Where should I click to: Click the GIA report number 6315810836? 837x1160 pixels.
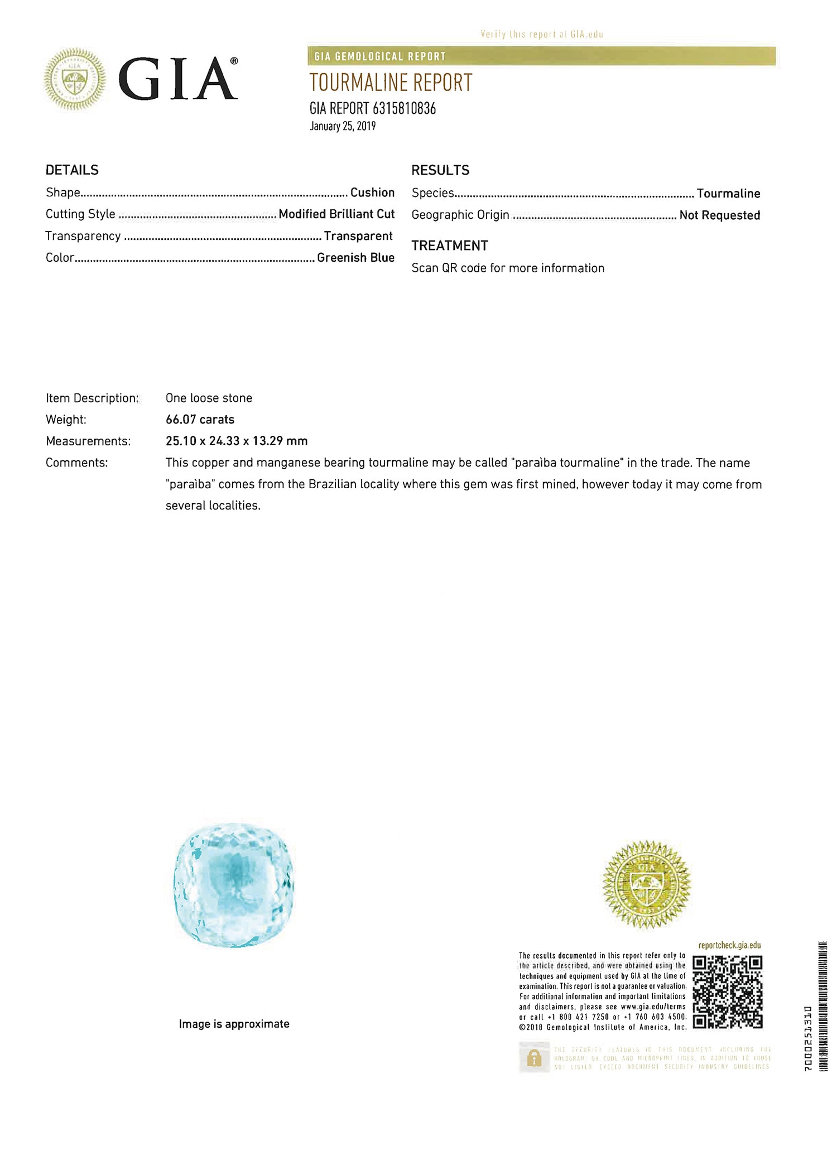[373, 108]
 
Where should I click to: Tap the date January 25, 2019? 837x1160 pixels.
[343, 126]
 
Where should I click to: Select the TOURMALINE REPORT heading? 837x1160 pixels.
[391, 83]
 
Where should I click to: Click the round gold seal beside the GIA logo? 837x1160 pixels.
[75, 79]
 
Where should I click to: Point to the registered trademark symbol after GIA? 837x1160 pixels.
[234, 61]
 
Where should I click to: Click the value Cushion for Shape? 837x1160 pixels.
[372, 192]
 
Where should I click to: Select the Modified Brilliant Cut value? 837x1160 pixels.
[336, 214]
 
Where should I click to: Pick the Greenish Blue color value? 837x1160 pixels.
[355, 258]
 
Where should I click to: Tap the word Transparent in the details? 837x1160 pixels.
[358, 236]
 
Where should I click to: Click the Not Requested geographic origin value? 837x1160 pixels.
[719, 215]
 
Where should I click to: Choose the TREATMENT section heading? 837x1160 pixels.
[450, 246]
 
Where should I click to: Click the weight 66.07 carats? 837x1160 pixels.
[200, 420]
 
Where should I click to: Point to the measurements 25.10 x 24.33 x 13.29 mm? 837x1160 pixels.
[237, 441]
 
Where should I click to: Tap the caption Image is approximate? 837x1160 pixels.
[234, 1024]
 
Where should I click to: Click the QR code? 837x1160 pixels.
[727, 992]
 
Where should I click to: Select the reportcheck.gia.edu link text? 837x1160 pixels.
[729, 945]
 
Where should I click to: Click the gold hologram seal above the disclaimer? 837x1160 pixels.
[647, 884]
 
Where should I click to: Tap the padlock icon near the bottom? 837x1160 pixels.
[534, 1058]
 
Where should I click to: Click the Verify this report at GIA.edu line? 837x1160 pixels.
[542, 35]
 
